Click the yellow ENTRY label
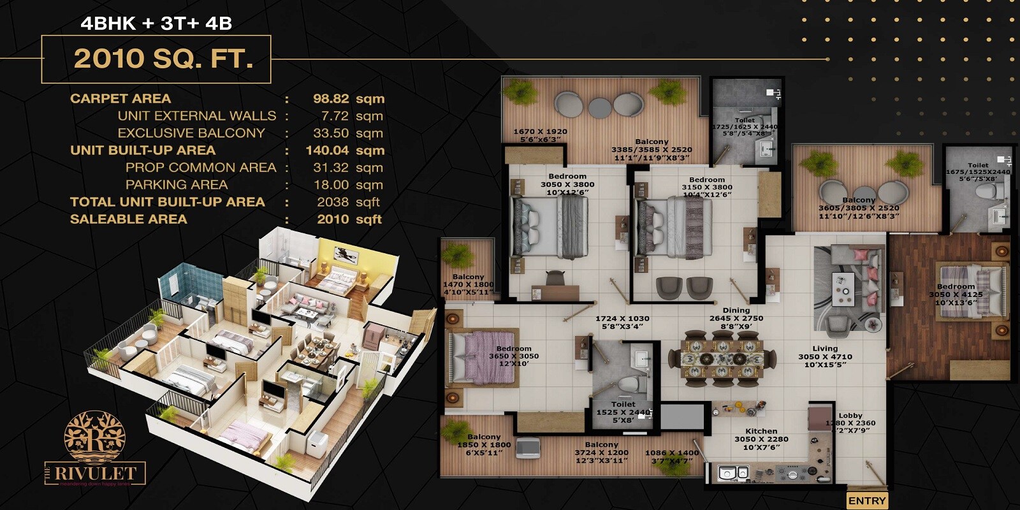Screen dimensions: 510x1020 pos(867,501)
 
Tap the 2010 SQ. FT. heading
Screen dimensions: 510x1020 pos(163,59)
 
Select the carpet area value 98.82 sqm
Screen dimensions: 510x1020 pos(348,99)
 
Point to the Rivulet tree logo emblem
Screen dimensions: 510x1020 pos(94,436)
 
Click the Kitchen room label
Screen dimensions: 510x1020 pos(761,432)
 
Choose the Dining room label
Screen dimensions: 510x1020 pos(736,310)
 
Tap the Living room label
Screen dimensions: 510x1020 pos(825,349)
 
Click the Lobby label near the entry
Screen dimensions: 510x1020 pos(850,416)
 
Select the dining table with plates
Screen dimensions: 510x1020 pos(722,359)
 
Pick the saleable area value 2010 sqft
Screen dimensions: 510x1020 pos(349,219)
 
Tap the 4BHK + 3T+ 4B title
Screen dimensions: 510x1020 pos(156,24)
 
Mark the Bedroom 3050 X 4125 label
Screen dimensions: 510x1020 pos(956,287)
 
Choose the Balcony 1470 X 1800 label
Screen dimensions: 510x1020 pos(469,277)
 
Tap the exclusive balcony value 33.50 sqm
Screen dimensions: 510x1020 pos(348,133)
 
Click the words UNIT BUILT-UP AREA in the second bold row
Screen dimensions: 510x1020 pos(143,150)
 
